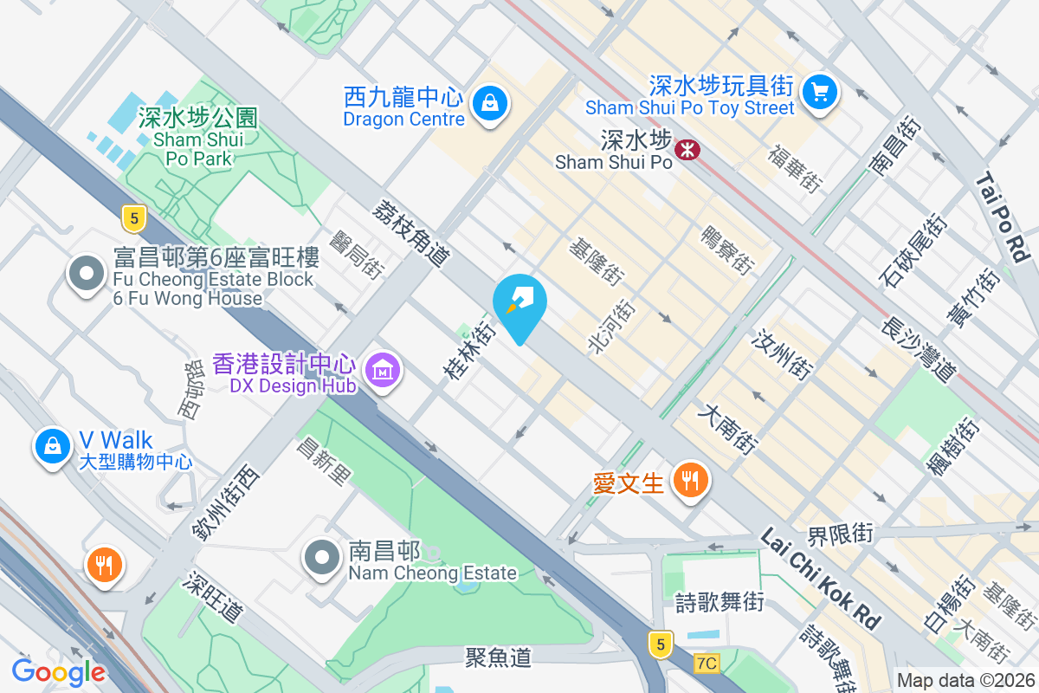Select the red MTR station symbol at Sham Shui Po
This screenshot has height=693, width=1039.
point(687,150)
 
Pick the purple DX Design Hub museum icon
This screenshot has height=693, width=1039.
point(381,371)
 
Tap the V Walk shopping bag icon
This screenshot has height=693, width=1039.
point(52,445)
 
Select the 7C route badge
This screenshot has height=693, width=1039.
point(707,664)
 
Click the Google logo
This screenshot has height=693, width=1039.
point(59,671)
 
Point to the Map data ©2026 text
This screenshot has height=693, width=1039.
point(965,680)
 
